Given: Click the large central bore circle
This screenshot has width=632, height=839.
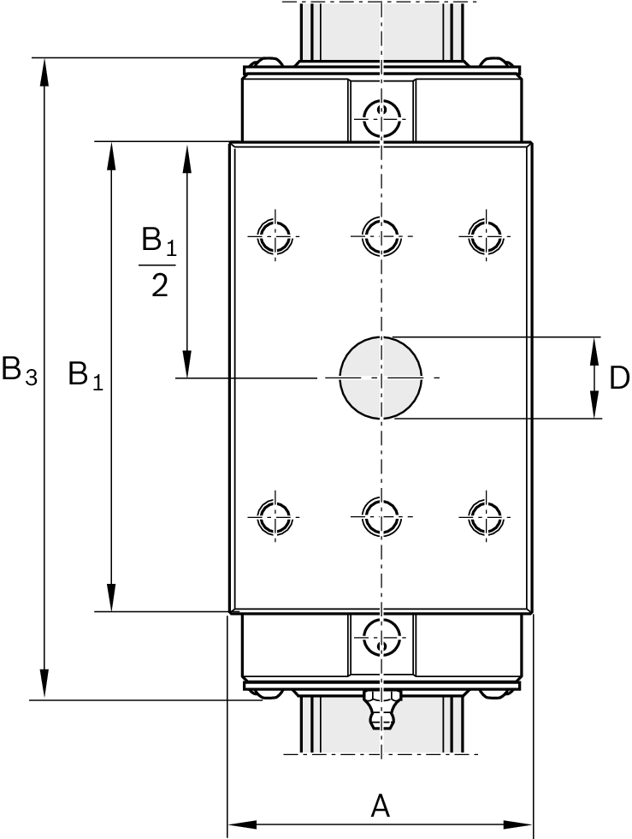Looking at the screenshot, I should click(381, 378).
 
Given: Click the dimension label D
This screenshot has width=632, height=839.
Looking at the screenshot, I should click(619, 378).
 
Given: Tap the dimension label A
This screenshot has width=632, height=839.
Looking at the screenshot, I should click(380, 806).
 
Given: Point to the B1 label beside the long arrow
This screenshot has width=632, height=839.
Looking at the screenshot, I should click(85, 374).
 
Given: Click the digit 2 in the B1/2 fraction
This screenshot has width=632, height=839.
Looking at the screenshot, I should click(158, 285).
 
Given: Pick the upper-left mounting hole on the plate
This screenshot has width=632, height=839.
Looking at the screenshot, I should click(275, 233).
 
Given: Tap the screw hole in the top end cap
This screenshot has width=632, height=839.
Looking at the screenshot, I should click(381, 114).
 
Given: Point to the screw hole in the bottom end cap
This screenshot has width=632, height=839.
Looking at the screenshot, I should click(381, 636).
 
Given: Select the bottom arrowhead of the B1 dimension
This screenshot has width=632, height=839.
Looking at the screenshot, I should click(111, 599).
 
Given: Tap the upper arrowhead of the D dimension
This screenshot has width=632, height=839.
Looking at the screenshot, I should click(594, 348).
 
